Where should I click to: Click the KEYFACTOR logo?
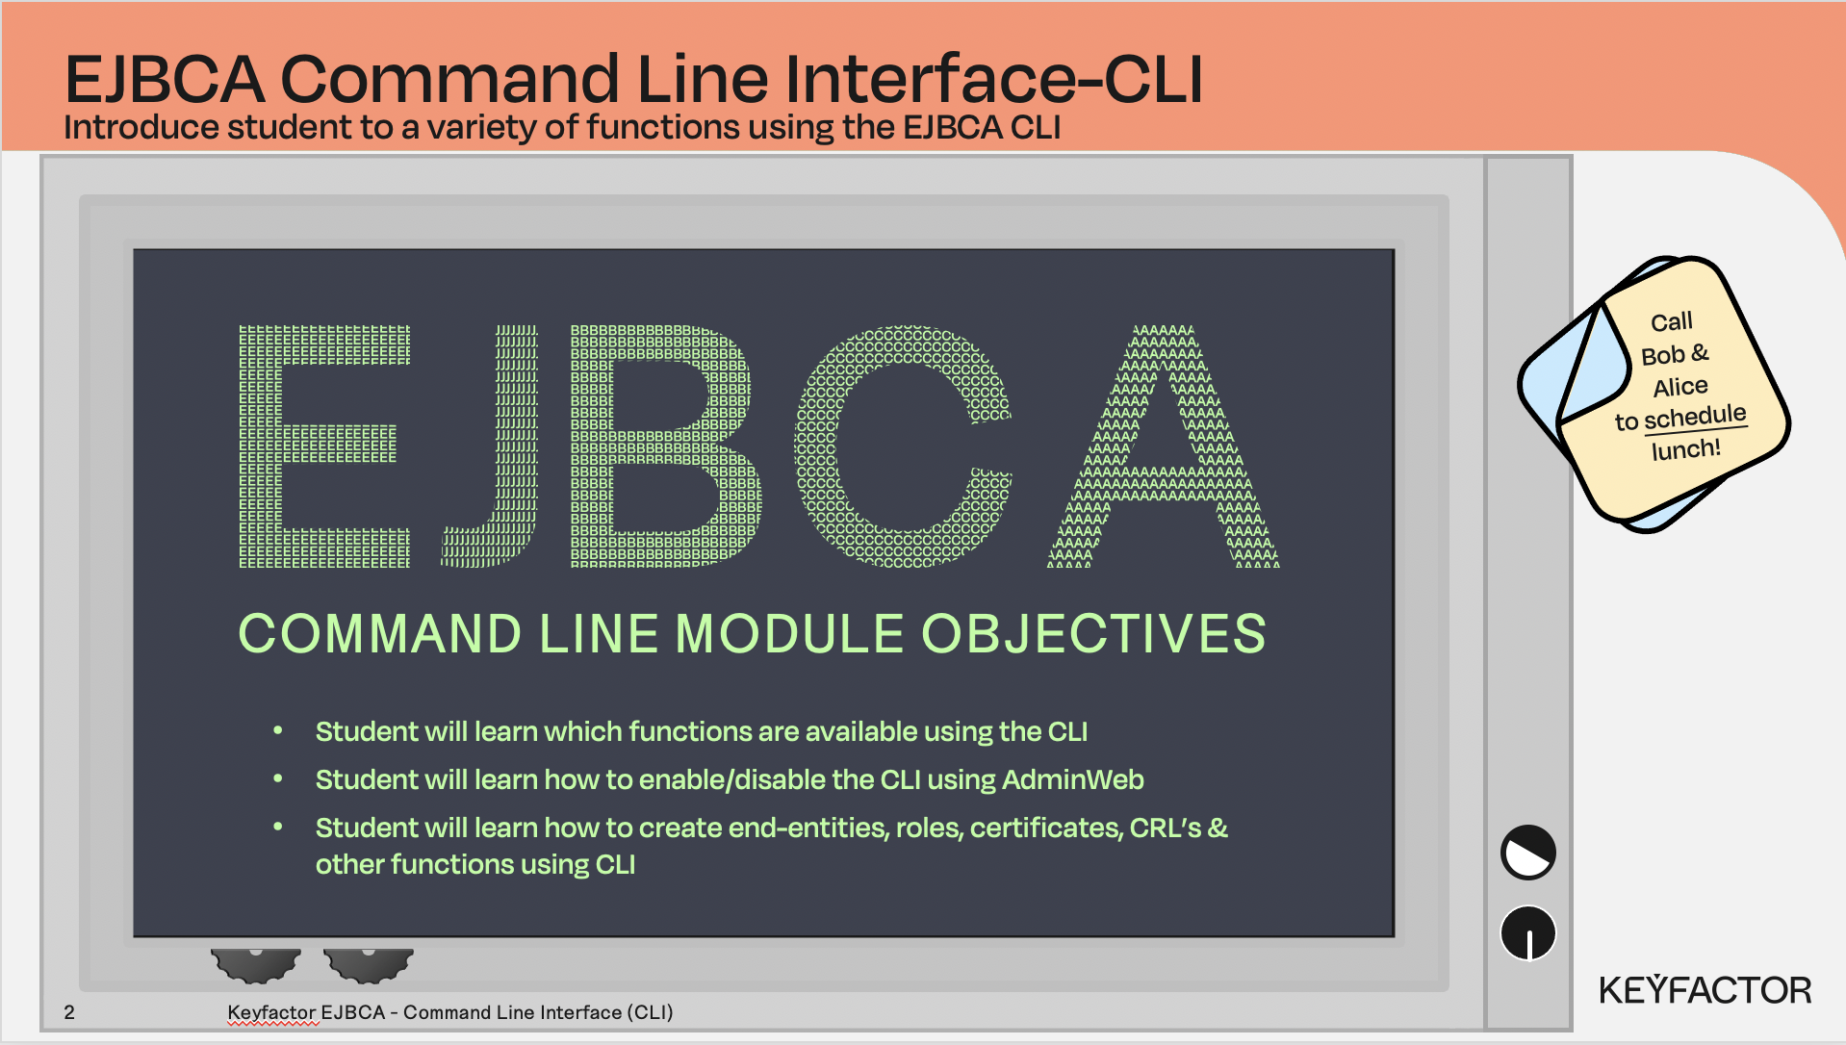[x=1705, y=990]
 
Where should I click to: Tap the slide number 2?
[x=69, y=1012]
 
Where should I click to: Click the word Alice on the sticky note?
[x=1680, y=387]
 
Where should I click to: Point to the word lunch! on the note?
[x=1685, y=449]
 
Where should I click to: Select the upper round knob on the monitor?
[x=1528, y=853]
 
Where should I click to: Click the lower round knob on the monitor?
[x=1528, y=933]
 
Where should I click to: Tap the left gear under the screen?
[x=256, y=965]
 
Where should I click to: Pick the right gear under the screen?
[x=369, y=965]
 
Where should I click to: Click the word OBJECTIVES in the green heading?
[x=1093, y=634]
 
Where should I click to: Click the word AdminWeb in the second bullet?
[x=1073, y=779]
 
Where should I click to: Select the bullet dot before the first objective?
[x=278, y=730]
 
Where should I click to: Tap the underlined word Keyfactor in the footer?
[x=272, y=1012]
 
